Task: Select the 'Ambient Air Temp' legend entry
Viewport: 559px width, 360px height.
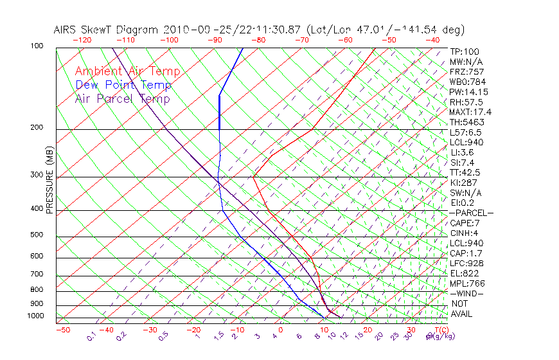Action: pos(127,71)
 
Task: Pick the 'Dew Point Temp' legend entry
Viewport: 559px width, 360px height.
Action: pos(123,85)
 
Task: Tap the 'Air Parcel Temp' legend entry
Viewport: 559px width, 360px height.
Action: pos(122,98)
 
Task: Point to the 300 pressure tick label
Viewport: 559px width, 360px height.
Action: pos(36,175)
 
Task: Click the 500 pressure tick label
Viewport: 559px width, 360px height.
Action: pos(36,235)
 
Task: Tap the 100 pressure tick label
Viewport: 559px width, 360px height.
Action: pos(36,46)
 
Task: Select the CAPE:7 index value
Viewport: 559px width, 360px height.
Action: pos(465,223)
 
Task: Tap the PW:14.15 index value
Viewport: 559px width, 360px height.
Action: pos(468,92)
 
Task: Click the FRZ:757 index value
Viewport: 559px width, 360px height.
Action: pos(466,72)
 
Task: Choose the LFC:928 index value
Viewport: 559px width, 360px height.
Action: pos(466,263)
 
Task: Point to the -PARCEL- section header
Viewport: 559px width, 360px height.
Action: pos(471,213)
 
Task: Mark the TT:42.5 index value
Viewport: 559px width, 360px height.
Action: pos(465,172)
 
